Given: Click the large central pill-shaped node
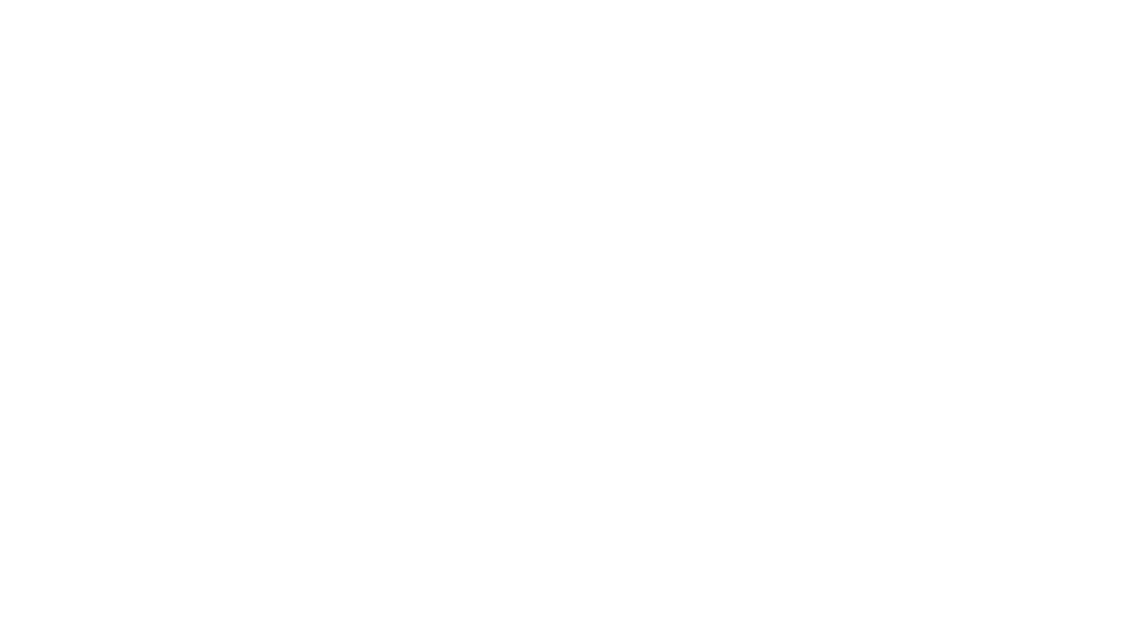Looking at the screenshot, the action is point(529,336).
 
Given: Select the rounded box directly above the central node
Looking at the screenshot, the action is point(590,235).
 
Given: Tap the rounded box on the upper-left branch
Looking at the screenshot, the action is point(278,262).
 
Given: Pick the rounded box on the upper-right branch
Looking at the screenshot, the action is point(813,264).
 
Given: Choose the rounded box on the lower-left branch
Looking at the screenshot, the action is point(312,414).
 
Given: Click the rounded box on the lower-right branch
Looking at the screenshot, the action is point(723,423).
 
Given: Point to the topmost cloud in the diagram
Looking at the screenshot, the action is point(590,74).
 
